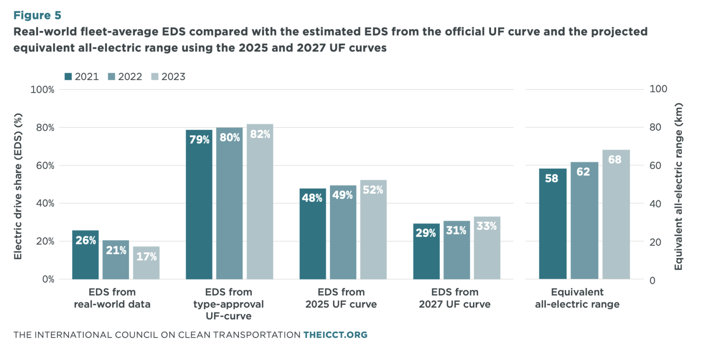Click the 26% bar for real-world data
(85, 254)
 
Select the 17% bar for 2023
(146, 263)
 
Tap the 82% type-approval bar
(260, 201)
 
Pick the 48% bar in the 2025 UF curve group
(313, 234)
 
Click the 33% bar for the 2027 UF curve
(487, 248)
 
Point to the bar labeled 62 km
(584, 220)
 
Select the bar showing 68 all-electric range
(616, 214)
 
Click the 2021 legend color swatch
(68, 76)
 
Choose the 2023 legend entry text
(173, 77)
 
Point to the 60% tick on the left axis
(45, 166)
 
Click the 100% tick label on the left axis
(42, 90)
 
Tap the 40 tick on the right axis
(655, 203)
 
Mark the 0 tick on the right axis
(652, 280)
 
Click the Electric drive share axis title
(18, 186)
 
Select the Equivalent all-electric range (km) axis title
(678, 186)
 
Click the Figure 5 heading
(37, 15)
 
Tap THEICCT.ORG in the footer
(335, 335)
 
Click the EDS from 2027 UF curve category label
(455, 298)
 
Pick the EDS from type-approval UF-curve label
(228, 304)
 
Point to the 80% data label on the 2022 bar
(230, 138)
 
